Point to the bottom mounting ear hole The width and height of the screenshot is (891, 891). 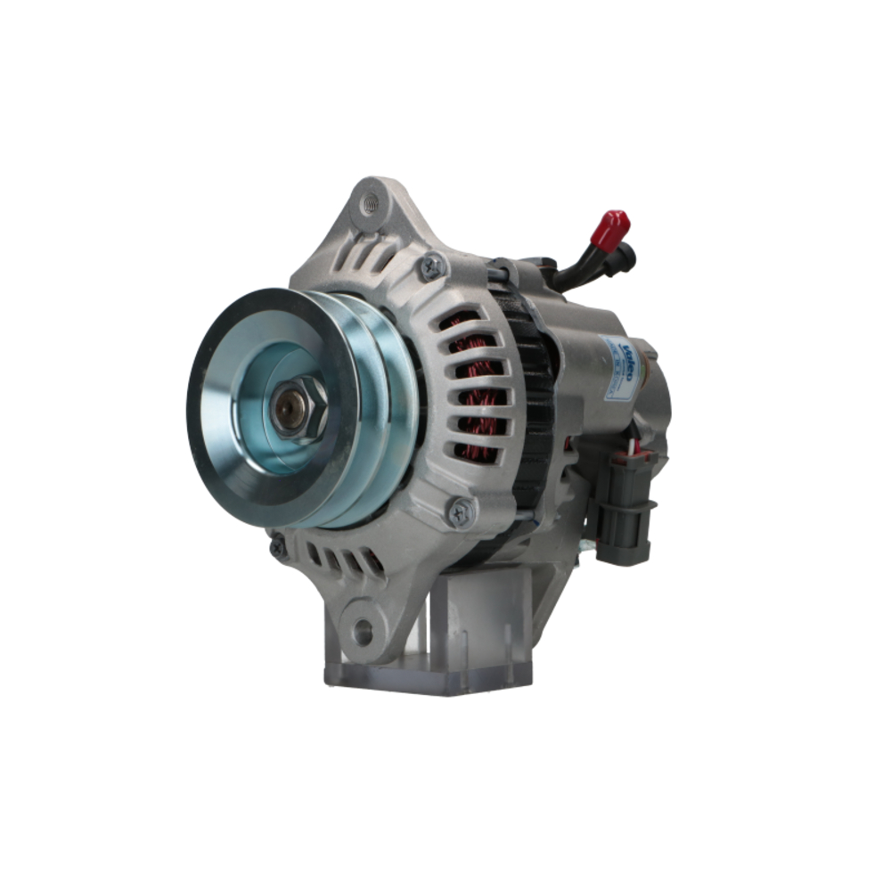[x=363, y=632]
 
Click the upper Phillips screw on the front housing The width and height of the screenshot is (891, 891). [x=432, y=265]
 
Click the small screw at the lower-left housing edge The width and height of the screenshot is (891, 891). [x=279, y=546]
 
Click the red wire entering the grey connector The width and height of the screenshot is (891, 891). [x=634, y=445]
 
